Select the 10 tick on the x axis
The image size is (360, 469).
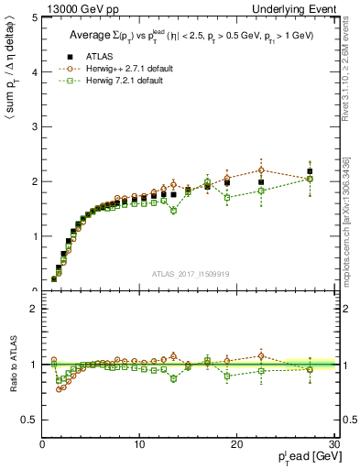pyautogui.click(x=139, y=444)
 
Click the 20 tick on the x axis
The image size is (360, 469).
pyautogui.click(x=236, y=444)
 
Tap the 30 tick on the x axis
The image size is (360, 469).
pyautogui.click(x=333, y=444)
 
